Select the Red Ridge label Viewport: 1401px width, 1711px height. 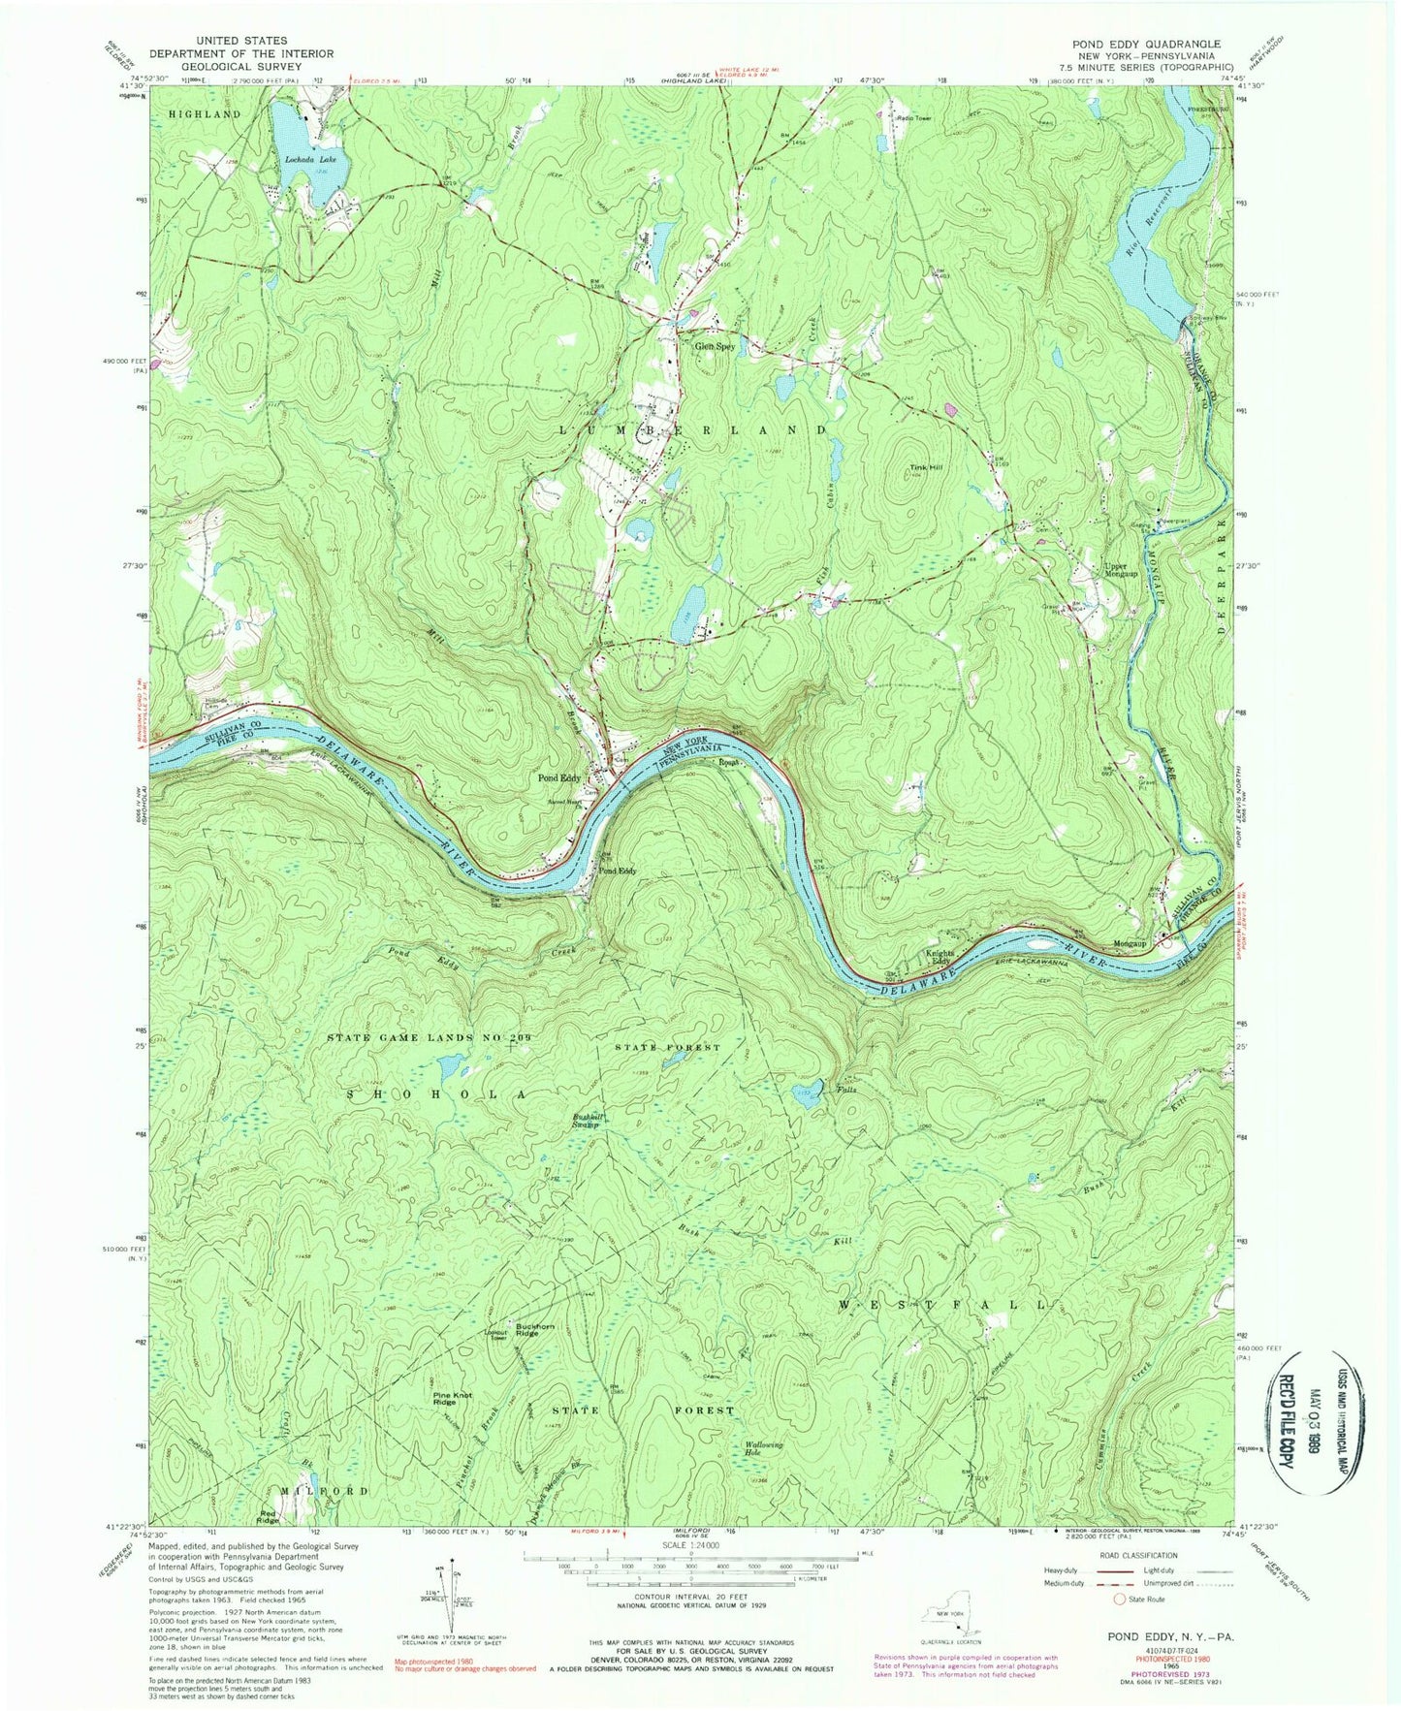tap(269, 1516)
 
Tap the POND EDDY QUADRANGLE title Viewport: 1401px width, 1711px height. tap(1145, 45)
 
